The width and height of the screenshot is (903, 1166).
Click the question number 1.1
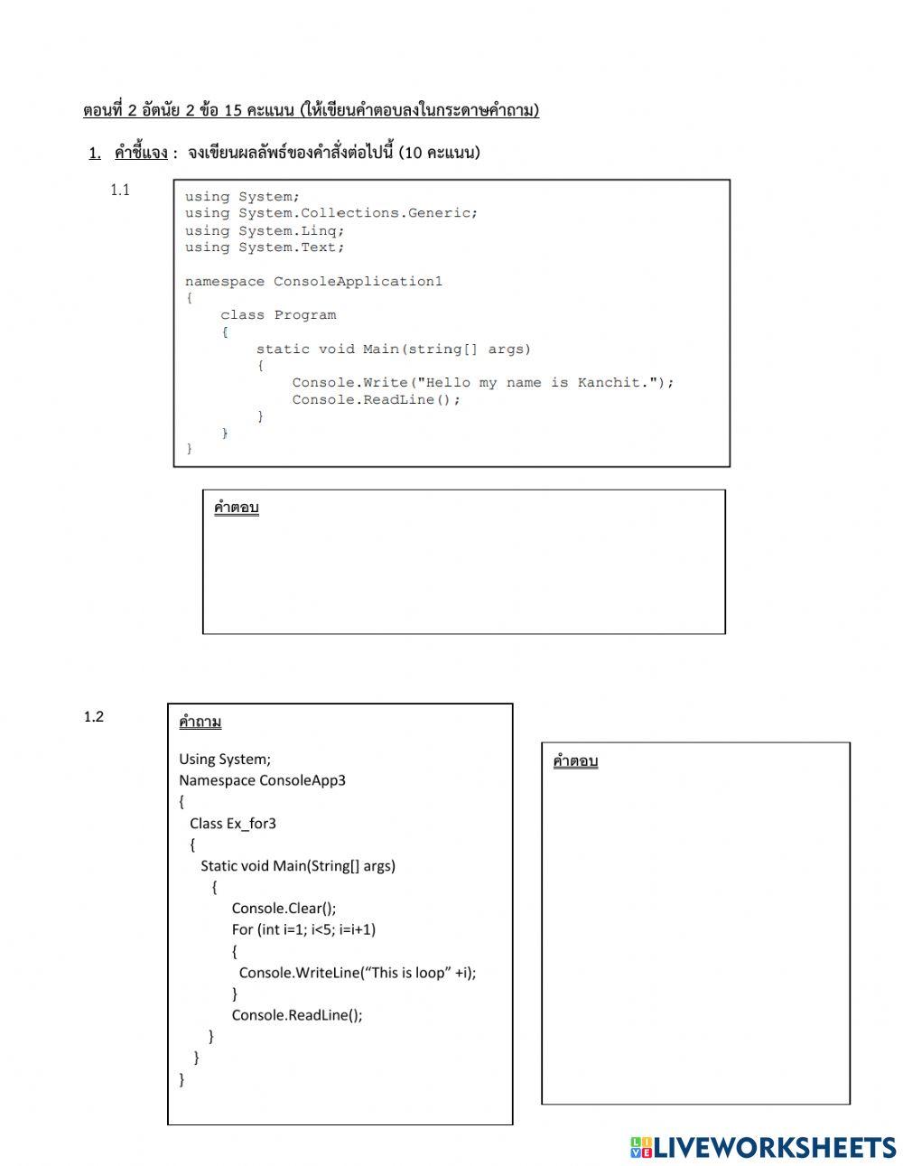click(x=120, y=190)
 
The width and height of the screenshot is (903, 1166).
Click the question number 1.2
click(x=94, y=717)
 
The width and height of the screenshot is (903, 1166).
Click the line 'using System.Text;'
click(x=265, y=247)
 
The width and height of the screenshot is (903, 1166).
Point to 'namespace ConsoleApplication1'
click(x=313, y=282)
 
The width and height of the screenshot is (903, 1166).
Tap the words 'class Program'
click(x=278, y=315)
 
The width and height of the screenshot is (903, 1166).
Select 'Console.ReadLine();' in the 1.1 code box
click(x=376, y=400)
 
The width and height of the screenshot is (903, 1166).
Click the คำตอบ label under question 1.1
click(x=237, y=508)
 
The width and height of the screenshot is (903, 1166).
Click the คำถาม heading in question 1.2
click(x=200, y=722)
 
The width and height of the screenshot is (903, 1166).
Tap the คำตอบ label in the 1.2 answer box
click(x=575, y=761)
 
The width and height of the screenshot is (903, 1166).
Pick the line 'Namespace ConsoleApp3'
click(x=262, y=780)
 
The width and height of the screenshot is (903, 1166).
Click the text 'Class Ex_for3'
click(x=233, y=824)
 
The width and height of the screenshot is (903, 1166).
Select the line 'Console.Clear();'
click(x=284, y=909)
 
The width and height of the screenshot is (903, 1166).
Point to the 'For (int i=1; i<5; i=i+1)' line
click(x=303, y=929)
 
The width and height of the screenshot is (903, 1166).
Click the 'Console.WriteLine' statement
click(x=357, y=973)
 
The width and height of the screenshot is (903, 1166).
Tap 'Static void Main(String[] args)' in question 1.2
click(x=298, y=866)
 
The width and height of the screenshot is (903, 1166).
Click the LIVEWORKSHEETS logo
click(x=763, y=1147)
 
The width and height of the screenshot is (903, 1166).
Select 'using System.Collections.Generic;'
click(x=331, y=213)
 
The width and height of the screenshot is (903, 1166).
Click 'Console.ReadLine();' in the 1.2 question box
click(x=297, y=1015)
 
